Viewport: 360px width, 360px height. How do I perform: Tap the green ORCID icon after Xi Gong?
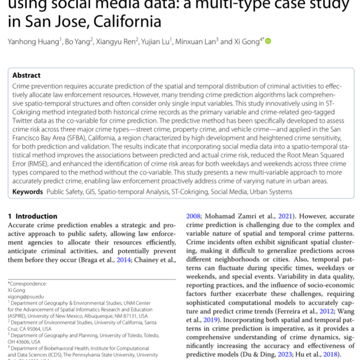268,41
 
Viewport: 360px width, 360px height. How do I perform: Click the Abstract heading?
26,75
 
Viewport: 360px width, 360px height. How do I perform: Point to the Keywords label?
27,191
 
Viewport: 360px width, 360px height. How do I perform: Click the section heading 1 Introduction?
33,216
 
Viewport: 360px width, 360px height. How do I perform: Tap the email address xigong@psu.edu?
26,297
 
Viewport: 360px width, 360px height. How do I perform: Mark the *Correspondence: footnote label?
27,284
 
